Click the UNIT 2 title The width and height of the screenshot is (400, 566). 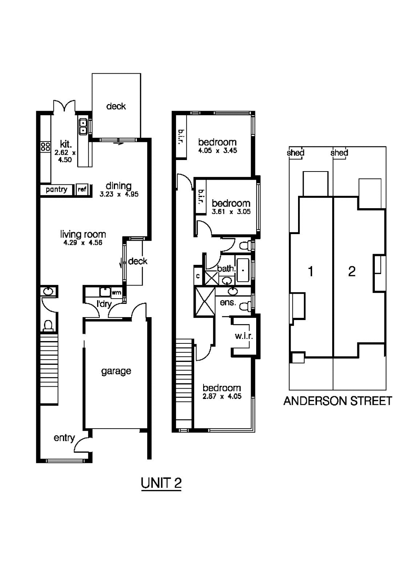coord(161,483)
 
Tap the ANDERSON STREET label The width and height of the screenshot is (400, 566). coord(337,401)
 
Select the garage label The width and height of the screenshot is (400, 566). coord(116,371)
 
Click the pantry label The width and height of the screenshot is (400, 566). coord(56,190)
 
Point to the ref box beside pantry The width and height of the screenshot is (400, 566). coord(82,190)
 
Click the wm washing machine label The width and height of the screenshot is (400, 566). coord(116,292)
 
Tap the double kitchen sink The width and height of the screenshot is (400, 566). coord(83,126)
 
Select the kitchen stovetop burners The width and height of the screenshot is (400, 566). coord(45,146)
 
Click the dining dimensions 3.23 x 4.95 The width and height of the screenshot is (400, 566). coord(119,194)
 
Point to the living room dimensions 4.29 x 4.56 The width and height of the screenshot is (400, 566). coord(83,243)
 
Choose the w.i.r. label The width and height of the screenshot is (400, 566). coord(244,336)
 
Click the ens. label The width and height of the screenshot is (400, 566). coord(228,302)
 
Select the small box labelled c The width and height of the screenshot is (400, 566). coord(198,276)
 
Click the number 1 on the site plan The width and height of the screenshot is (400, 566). coord(311,272)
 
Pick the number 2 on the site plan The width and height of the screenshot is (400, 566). coord(352,272)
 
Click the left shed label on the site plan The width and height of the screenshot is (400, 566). coord(295,153)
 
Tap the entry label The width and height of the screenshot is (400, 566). coord(64,438)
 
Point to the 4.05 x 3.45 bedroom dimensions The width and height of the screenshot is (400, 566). coord(217,150)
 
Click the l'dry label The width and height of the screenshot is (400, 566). coord(104,304)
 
